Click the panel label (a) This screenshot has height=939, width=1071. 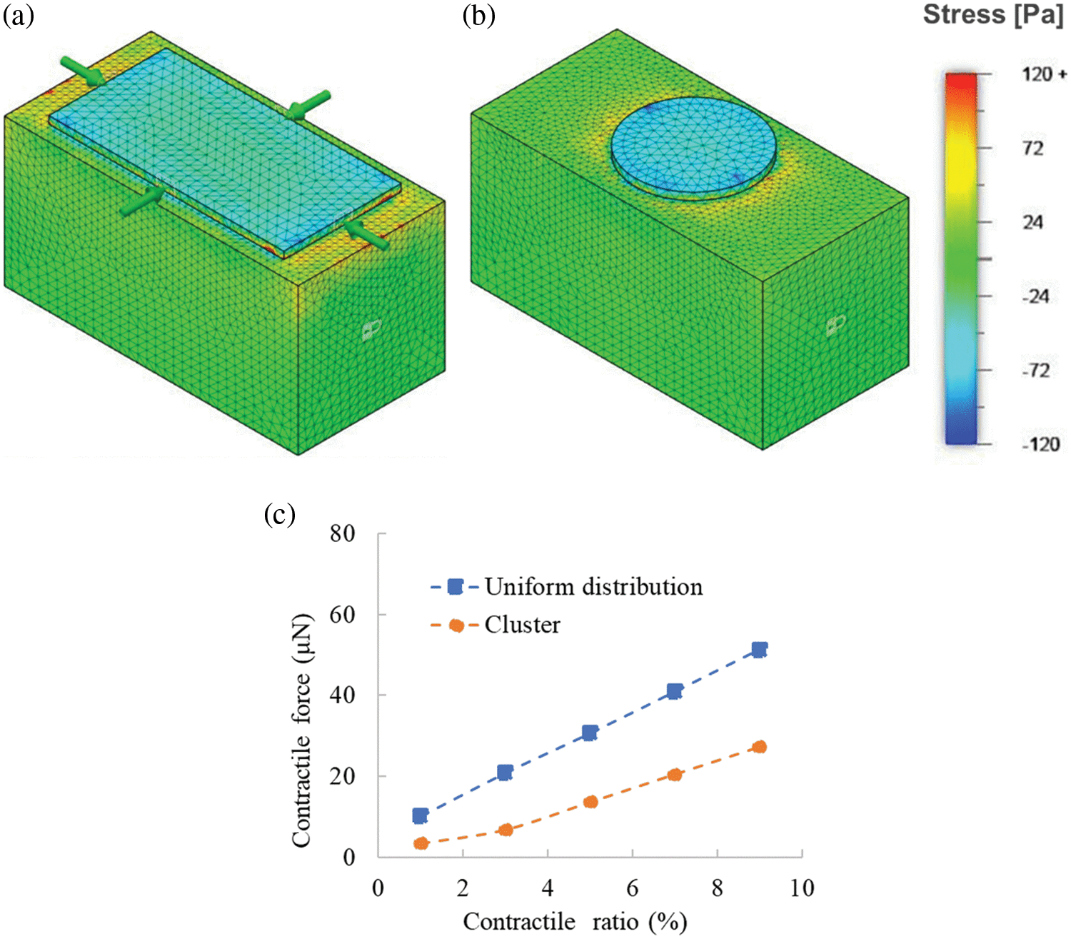[19, 16]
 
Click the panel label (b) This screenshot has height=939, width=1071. [478, 16]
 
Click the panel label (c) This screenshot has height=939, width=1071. [279, 514]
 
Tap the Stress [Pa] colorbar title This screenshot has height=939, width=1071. [993, 15]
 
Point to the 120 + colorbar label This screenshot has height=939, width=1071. [1043, 74]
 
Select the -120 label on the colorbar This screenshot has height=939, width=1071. [1040, 444]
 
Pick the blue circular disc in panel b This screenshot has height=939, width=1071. [693, 143]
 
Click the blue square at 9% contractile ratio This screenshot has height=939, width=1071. [759, 650]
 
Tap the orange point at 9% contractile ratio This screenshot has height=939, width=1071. [760, 747]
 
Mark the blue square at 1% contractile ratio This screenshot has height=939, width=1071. [421, 815]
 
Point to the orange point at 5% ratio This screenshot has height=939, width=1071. [590, 802]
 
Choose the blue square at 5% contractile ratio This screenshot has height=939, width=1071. [590, 733]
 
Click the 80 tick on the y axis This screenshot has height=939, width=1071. [343, 533]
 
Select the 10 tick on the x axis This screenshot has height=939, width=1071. [802, 888]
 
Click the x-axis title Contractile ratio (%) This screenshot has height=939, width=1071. [575, 921]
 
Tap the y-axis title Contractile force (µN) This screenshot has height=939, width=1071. [302, 730]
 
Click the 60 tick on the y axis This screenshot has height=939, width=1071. [343, 615]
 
